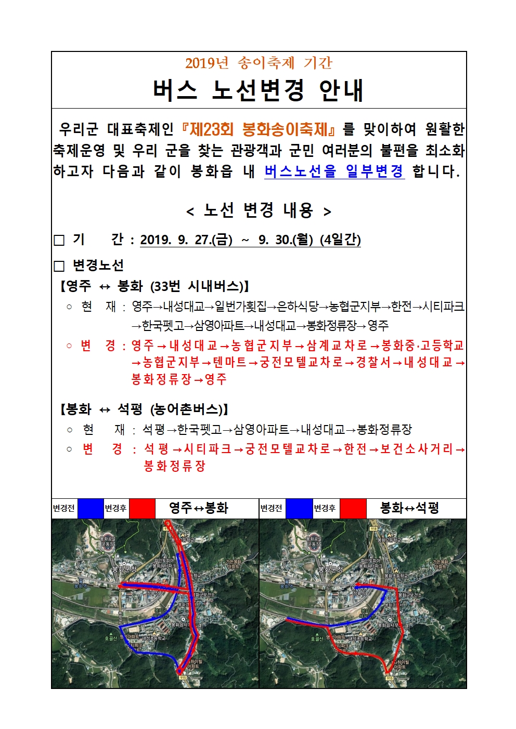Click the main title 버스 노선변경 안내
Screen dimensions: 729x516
[258, 90]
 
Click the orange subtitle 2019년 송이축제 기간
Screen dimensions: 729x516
[259, 63]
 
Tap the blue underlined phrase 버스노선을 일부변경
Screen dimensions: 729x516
[334, 171]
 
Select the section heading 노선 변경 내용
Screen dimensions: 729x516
[259, 210]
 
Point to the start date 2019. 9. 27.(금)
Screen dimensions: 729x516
[186, 240]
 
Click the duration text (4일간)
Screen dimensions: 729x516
[340, 240]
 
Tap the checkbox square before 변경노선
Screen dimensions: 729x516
[59, 266]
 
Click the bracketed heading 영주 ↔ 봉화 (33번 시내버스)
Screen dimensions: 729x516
[154, 286]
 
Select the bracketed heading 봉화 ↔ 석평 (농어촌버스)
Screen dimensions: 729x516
[144, 409]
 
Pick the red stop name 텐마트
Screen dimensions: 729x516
[229, 362]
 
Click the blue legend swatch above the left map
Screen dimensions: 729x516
[91, 508]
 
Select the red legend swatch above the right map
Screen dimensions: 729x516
[353, 508]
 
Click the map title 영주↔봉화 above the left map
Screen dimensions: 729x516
[199, 508]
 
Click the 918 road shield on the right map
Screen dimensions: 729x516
[373, 528]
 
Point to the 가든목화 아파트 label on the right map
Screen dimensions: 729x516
[440, 564]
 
